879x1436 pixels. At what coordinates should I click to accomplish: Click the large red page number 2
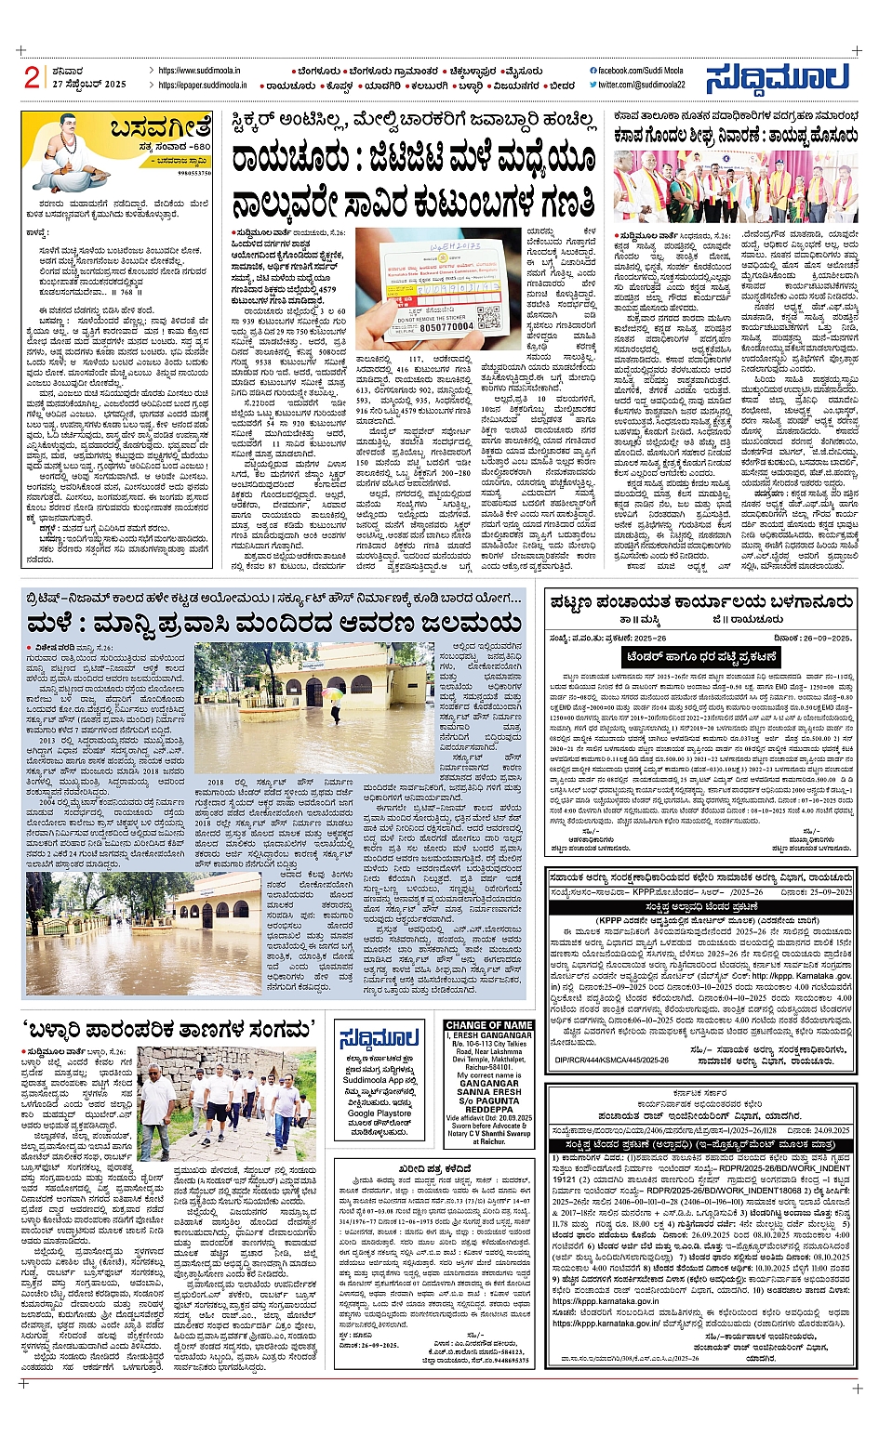[33, 78]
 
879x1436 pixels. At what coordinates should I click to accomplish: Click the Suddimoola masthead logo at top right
[777, 79]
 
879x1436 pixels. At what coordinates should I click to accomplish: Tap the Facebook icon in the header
[593, 71]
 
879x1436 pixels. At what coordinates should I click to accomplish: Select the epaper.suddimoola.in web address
[203, 85]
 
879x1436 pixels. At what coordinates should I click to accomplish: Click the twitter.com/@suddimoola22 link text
[642, 85]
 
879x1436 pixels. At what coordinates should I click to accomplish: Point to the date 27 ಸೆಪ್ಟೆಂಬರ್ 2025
[89, 85]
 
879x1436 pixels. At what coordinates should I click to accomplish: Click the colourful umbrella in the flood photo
[334, 693]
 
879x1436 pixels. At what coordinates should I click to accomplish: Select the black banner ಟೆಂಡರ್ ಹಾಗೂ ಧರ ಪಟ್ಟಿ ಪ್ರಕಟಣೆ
[699, 657]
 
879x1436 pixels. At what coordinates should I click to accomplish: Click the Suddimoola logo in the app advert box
[379, 1038]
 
